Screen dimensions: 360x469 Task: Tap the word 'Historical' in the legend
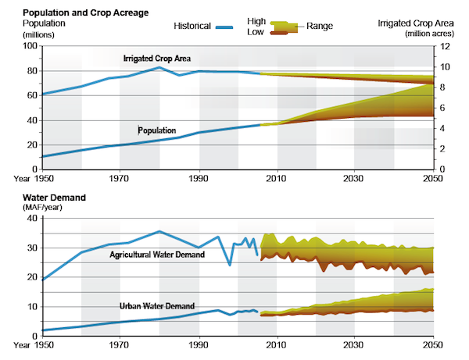[192, 26]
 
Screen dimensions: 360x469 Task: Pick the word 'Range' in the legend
[319, 27]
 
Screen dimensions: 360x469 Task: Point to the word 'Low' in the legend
[256, 32]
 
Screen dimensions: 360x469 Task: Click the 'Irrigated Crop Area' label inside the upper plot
[157, 59]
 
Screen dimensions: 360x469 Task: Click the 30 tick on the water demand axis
[33, 248]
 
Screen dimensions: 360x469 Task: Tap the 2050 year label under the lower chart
[434, 344]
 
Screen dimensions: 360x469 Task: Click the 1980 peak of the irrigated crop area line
[159, 67]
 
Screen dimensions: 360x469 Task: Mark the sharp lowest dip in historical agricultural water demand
[230, 265]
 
